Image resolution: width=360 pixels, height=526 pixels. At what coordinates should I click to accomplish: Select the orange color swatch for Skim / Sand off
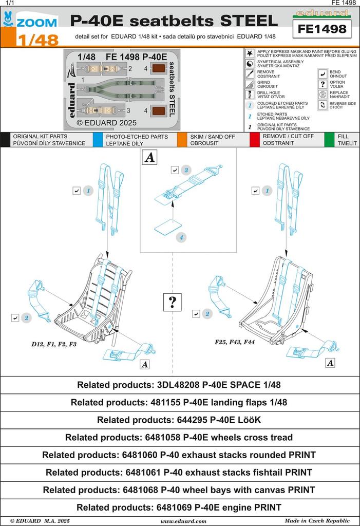(x=181, y=140)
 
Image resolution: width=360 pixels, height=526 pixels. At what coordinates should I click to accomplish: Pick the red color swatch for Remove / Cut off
(x=254, y=140)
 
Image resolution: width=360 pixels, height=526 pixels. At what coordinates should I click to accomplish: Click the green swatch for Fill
(x=329, y=140)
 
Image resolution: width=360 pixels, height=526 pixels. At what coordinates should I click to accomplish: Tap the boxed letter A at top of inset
(x=149, y=158)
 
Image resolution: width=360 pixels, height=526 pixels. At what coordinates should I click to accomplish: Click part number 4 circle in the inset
(x=181, y=237)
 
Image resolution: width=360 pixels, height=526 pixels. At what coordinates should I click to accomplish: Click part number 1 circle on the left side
(x=88, y=191)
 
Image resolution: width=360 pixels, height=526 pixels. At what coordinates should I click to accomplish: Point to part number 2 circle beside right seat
(x=207, y=314)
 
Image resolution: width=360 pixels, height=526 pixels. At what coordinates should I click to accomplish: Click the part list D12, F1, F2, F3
(x=54, y=344)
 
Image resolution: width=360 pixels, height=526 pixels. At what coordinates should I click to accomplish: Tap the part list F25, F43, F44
(x=235, y=342)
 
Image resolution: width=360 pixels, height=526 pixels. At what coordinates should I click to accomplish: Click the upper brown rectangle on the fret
(x=159, y=68)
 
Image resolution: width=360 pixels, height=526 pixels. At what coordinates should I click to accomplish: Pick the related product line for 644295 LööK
(x=179, y=420)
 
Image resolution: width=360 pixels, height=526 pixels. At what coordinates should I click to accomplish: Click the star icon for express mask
(x=249, y=53)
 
